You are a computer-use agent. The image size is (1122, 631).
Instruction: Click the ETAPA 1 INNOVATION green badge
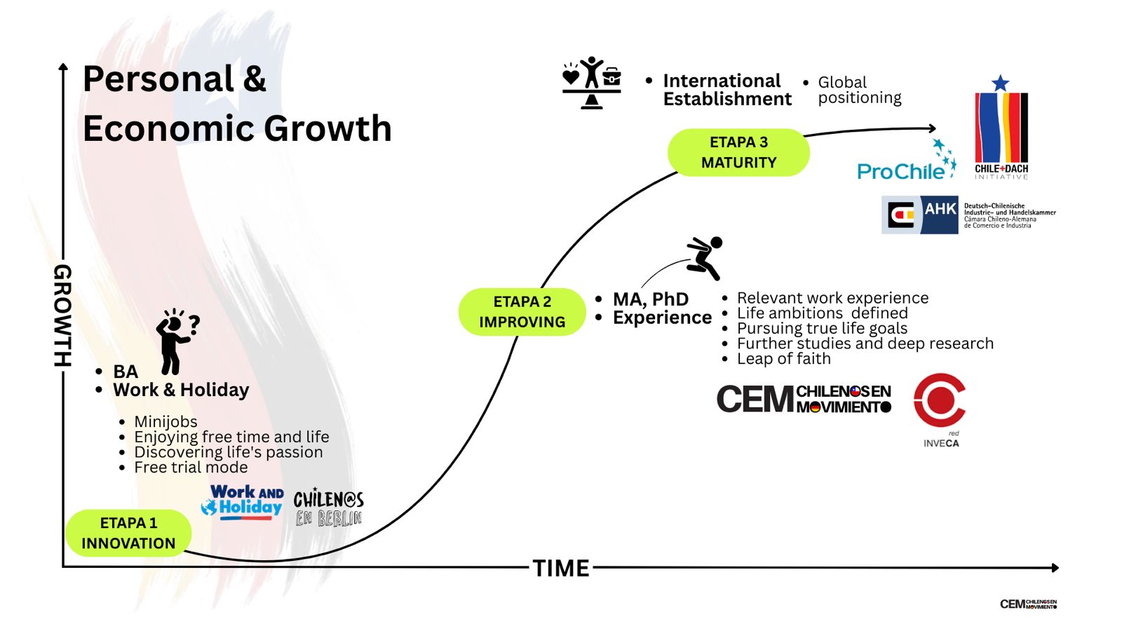128,533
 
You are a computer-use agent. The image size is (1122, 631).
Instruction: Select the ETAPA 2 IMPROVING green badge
522,312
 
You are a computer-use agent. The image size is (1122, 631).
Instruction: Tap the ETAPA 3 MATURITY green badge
738,152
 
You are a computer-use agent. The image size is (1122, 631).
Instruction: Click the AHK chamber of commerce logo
968,215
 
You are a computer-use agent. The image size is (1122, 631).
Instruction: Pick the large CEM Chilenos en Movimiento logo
804,399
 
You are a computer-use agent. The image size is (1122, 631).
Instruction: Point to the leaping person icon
705,257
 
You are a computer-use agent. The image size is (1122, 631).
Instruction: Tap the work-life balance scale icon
592,82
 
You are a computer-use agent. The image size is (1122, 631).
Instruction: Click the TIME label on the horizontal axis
561,568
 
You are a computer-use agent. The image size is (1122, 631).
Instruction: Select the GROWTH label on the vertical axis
63,315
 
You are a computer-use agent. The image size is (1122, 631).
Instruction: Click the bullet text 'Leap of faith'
783,359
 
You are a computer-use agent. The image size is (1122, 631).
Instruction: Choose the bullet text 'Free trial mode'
191,468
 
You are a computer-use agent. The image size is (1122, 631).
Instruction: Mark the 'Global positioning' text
859,90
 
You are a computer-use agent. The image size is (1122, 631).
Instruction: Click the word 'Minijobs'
165,421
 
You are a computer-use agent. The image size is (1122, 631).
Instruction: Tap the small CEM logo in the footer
1028,604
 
